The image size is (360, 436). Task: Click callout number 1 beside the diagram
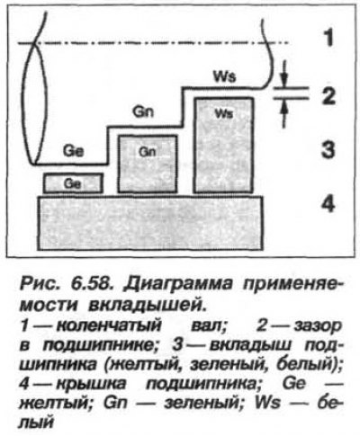[x=329, y=38]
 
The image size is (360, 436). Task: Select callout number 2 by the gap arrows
[x=328, y=96]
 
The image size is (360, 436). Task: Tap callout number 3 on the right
[x=328, y=150]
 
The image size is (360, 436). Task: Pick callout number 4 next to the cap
[x=328, y=205]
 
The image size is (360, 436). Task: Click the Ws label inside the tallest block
[x=224, y=114]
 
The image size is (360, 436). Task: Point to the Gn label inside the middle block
[x=148, y=152]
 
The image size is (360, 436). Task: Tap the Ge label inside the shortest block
[x=72, y=183]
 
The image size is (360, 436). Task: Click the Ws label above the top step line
[x=224, y=77]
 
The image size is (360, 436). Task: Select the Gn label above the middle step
[x=143, y=111]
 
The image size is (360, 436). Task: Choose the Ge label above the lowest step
[x=73, y=151]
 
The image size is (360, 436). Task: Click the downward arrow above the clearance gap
[x=284, y=74]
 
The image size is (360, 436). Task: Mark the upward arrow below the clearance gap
[x=284, y=113]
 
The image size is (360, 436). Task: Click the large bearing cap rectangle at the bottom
[x=150, y=223]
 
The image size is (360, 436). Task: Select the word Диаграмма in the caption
[x=178, y=284]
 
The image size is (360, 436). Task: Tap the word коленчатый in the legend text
[x=109, y=326]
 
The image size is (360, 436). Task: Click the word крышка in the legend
[x=91, y=384]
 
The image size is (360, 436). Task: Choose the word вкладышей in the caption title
[x=148, y=305]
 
